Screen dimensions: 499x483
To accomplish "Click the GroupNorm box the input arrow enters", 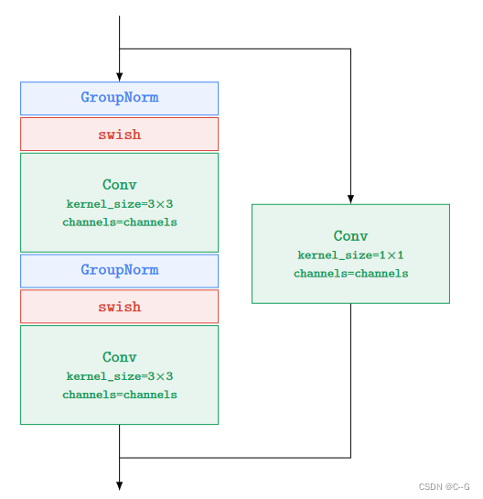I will pos(119,98).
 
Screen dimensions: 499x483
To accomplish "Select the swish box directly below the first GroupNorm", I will pos(119,135).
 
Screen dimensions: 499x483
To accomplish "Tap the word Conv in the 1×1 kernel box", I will pos(350,236).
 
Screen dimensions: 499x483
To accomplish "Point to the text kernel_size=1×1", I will pos(350,255).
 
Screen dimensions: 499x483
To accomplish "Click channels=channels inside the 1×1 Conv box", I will pos(350,274).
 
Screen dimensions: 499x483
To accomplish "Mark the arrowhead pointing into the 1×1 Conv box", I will pos(350,199).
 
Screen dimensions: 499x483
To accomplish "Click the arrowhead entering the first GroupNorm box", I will pos(119,77).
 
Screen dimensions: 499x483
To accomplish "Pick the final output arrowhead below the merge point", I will pos(119,485).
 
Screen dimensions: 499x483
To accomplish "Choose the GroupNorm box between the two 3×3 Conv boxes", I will pos(119,270).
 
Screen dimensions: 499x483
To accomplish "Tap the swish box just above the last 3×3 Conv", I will pos(119,307).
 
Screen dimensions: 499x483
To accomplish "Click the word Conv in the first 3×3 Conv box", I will pos(119,185).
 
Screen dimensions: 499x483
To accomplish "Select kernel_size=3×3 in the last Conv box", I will pos(119,376).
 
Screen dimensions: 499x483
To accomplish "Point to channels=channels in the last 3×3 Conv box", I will pos(119,395).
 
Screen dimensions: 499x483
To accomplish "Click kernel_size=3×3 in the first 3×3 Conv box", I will pos(119,204).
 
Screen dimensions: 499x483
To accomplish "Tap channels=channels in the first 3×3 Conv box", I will pos(119,222).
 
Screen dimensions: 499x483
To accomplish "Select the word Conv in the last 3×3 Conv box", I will pos(119,357).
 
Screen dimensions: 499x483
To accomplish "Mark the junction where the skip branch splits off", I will pos(119,49).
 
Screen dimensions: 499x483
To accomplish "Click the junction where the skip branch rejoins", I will pos(119,457).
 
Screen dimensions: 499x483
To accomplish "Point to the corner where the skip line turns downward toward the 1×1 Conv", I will pos(350,49).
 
